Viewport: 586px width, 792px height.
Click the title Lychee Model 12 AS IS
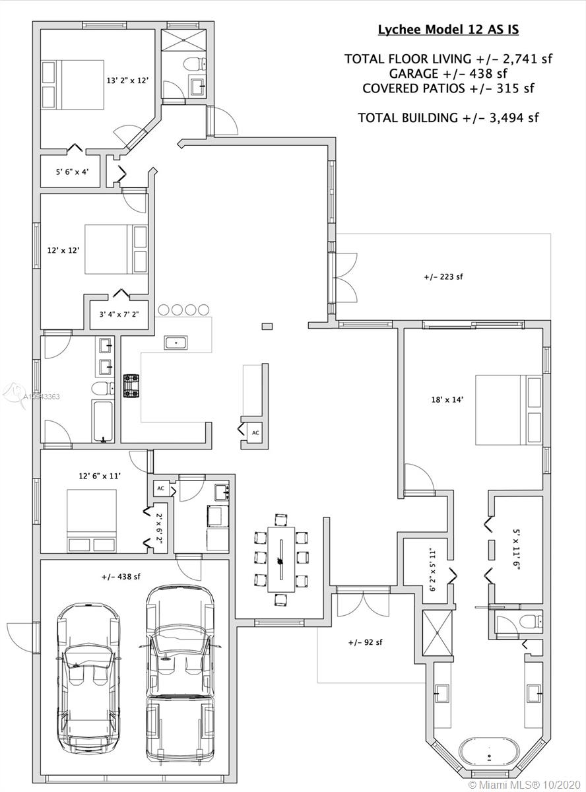(448, 29)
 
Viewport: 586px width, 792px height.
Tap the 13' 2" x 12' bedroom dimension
(127, 81)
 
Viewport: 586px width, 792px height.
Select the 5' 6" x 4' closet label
(72, 172)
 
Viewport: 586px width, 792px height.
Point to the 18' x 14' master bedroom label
(447, 399)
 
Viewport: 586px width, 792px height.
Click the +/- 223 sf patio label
(443, 277)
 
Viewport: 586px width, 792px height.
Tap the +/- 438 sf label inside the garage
(121, 576)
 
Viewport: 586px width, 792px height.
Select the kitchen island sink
(176, 343)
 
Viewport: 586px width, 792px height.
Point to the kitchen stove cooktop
(131, 385)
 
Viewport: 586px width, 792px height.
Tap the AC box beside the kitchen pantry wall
(255, 432)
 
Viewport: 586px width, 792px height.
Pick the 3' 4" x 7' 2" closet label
(119, 314)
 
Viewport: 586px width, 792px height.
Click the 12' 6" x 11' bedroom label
(100, 476)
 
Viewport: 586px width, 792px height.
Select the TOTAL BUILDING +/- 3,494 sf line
(448, 117)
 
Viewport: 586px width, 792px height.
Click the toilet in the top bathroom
(195, 63)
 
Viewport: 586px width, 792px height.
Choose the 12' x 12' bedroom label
(63, 250)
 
